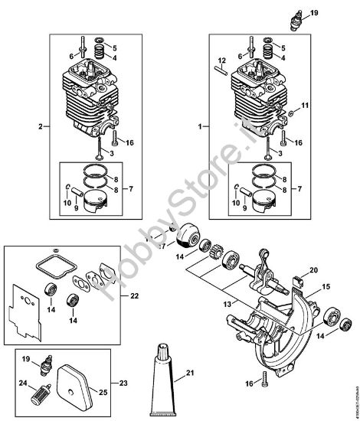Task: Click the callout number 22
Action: click(135, 295)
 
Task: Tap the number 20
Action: click(313, 269)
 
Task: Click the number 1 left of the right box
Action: click(201, 125)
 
